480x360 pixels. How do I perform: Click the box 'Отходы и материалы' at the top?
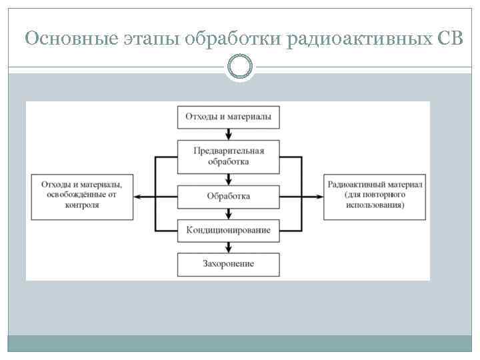(x=227, y=116)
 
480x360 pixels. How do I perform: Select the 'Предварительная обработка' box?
(x=228, y=156)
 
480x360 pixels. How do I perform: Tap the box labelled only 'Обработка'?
(x=228, y=196)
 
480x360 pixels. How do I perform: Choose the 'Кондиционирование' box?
(x=228, y=230)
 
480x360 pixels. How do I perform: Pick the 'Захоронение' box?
(x=228, y=264)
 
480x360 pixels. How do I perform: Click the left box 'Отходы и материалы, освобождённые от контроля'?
(x=81, y=195)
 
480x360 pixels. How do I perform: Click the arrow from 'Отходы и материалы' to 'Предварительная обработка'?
(x=228, y=133)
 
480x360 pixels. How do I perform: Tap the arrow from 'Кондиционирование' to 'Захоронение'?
(x=228, y=247)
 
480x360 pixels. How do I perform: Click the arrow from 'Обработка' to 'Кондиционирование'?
(x=228, y=213)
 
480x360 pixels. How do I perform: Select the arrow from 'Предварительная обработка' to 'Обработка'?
(x=228, y=179)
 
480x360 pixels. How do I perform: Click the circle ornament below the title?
(x=240, y=66)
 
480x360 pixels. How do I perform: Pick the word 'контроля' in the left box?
(x=82, y=205)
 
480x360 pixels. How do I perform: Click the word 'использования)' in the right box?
(x=374, y=206)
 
